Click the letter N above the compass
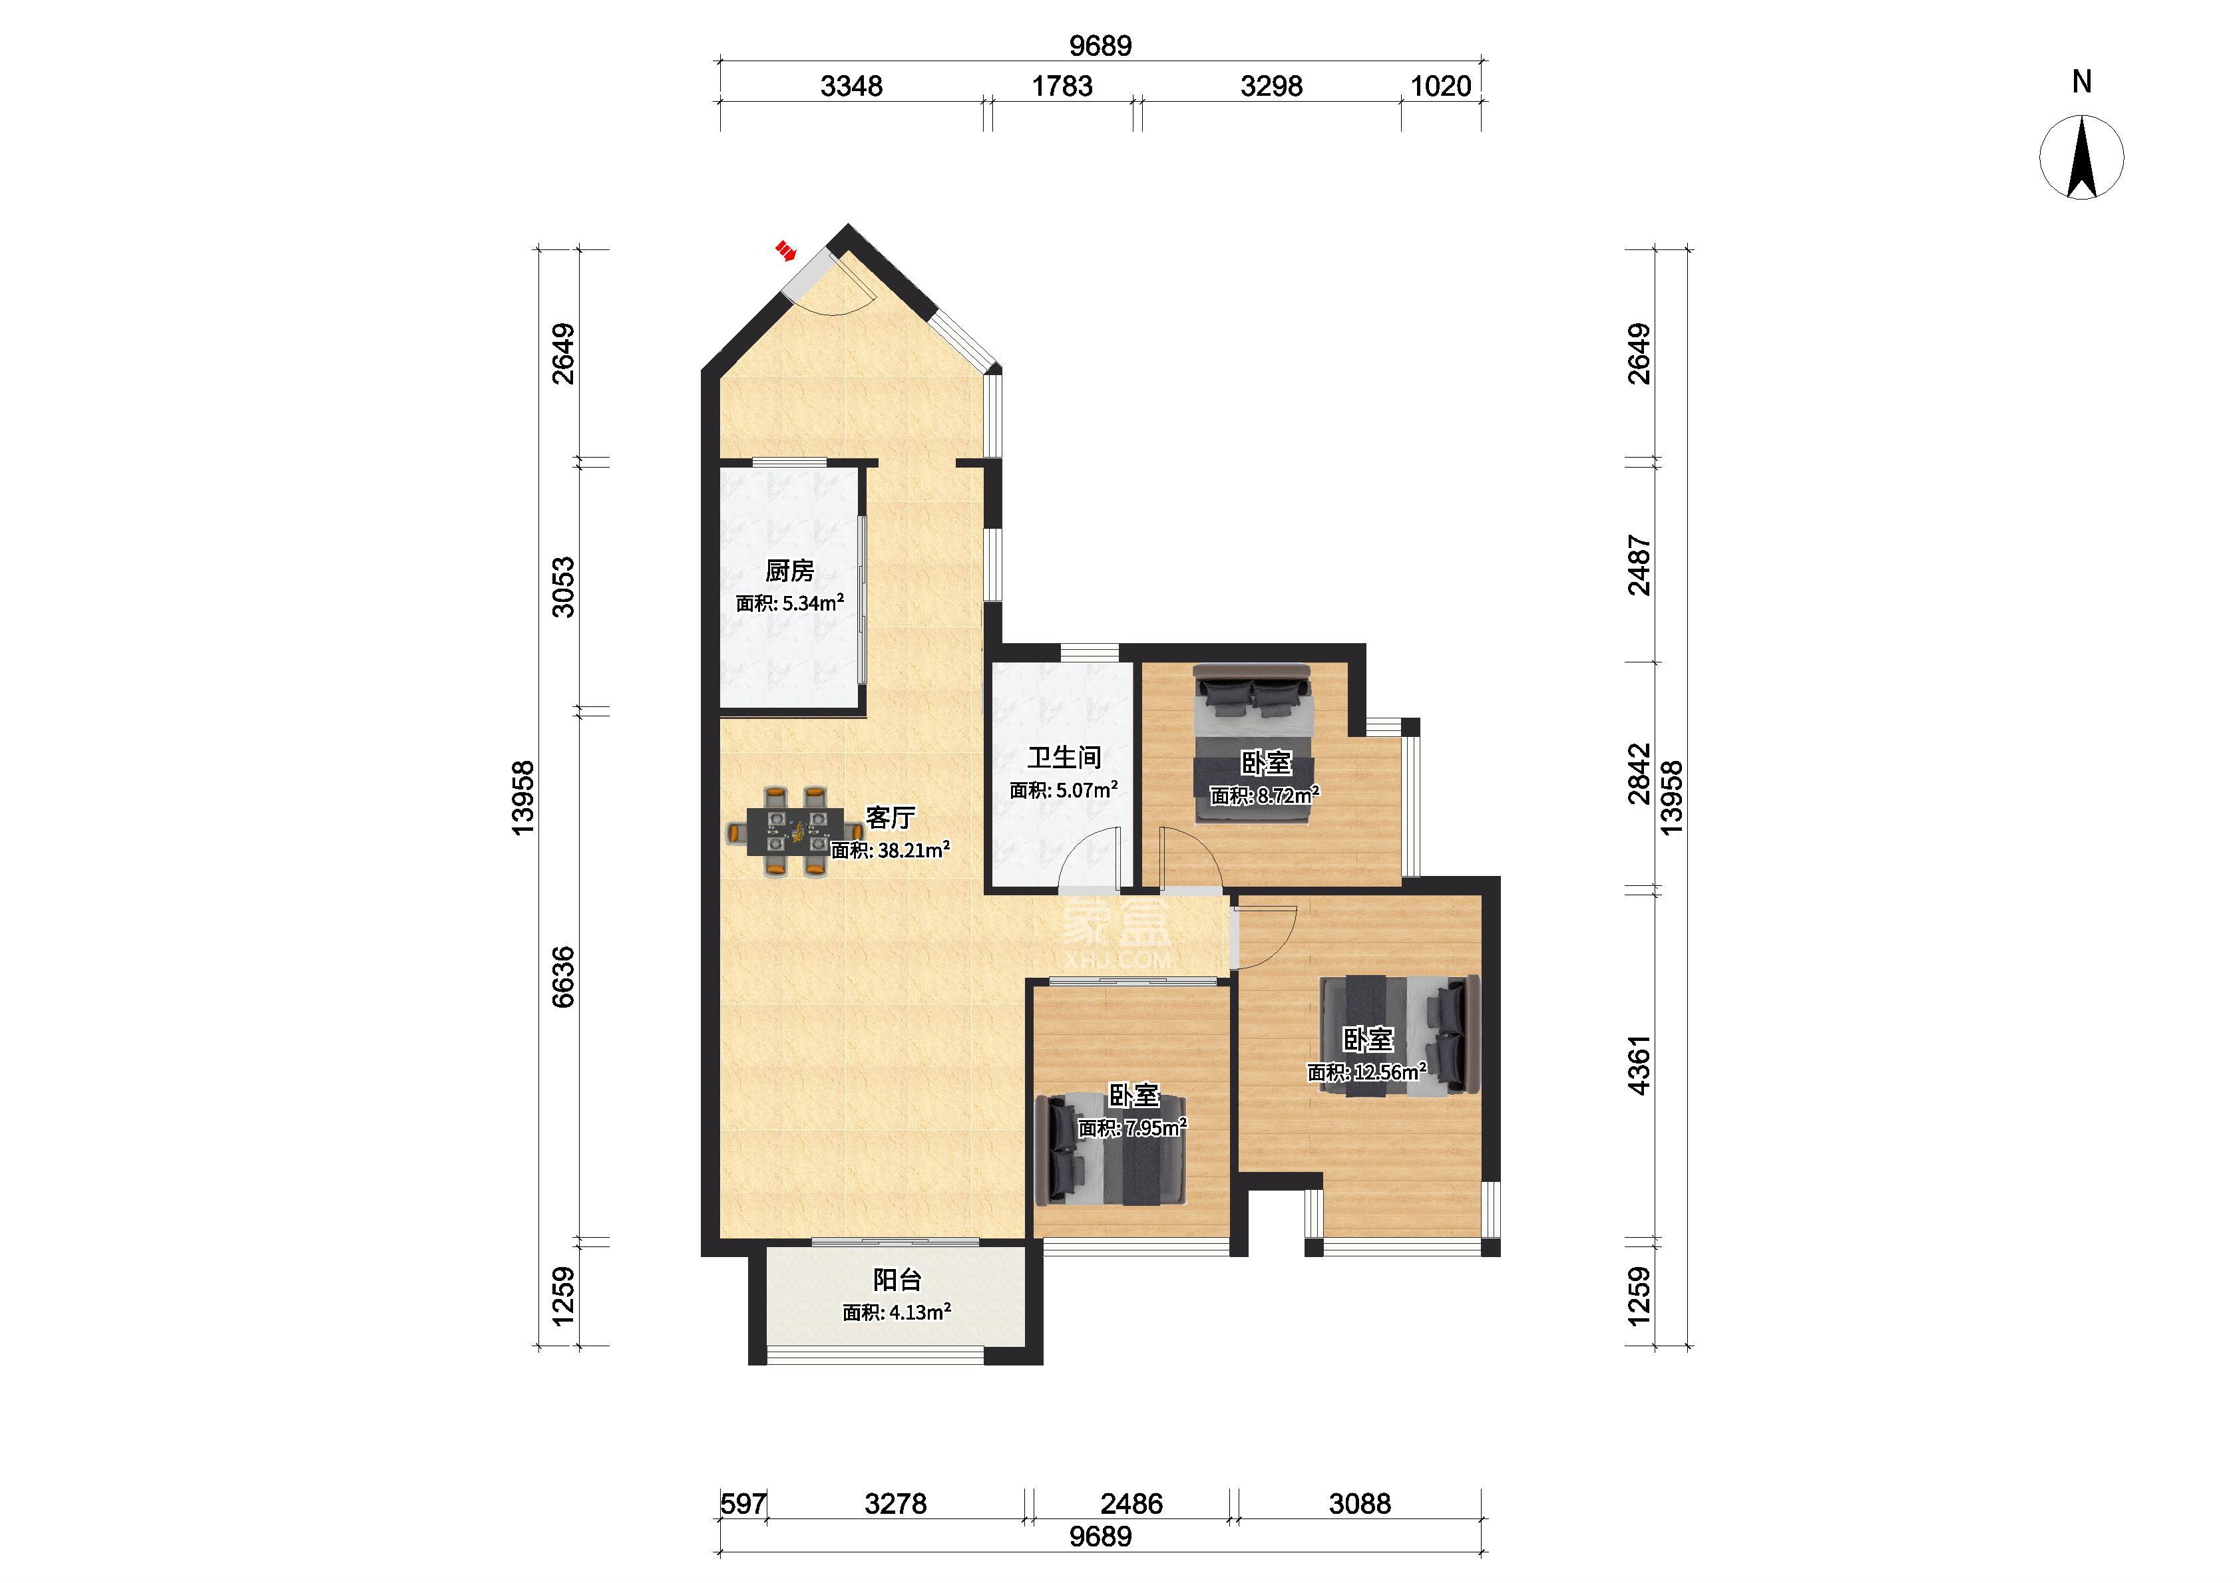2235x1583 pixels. coord(2082,82)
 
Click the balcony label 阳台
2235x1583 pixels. coord(897,1279)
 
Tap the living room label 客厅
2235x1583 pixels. coord(891,817)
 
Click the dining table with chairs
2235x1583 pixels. coord(795,833)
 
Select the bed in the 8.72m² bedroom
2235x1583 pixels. coord(1253,744)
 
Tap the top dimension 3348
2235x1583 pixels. coord(851,86)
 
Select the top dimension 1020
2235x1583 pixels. coord(1440,86)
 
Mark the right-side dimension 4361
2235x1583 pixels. coord(1640,1066)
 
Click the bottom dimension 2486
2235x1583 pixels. coord(1132,1504)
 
